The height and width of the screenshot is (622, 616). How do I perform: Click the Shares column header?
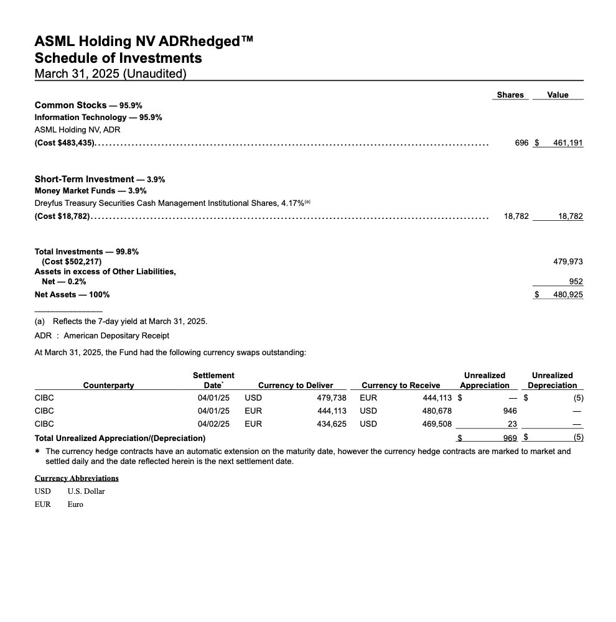point(510,95)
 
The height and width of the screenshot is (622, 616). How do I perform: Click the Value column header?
point(558,95)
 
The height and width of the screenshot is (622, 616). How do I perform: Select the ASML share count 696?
point(521,142)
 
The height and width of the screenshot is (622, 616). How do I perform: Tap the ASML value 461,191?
point(568,142)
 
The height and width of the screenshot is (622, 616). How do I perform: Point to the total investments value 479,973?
point(568,262)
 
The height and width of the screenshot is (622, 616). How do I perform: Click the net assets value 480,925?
point(568,294)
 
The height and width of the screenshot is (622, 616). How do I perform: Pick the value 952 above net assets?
point(576,281)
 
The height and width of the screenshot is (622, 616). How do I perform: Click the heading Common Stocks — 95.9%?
point(88,105)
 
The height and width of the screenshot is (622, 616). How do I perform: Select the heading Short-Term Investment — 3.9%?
point(100,179)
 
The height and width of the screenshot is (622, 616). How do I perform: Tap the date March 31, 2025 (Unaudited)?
point(110,74)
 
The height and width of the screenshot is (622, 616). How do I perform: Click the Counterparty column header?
point(108,386)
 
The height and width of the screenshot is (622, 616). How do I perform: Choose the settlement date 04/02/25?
point(213,424)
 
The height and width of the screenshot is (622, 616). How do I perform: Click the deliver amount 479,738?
point(331,397)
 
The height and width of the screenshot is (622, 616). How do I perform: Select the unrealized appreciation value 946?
point(510,411)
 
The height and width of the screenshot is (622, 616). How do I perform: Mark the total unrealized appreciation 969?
point(510,438)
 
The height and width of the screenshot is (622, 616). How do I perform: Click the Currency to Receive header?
point(401,386)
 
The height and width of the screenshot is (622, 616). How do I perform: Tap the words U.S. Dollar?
point(86,491)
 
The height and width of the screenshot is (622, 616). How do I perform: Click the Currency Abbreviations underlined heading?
point(77,478)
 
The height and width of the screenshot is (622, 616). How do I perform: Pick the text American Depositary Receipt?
point(116,336)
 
